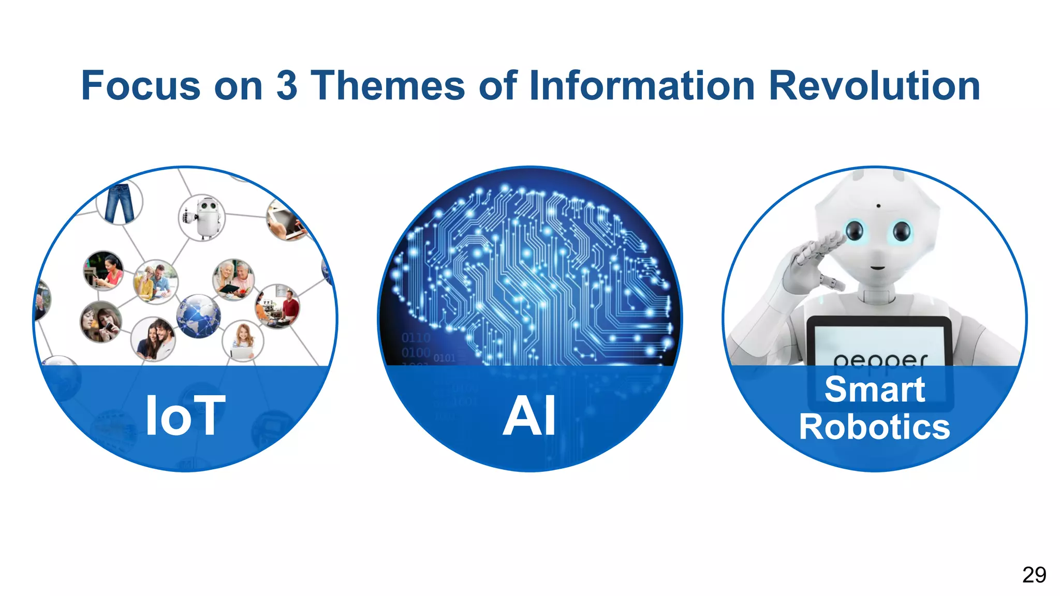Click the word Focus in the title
[x=141, y=86]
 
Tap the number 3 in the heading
[x=287, y=86]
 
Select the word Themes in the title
[x=388, y=86]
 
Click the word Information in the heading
[x=642, y=86]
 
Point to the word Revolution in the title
[x=874, y=86]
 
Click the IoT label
[x=185, y=416]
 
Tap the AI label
[x=529, y=416]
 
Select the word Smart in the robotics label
[x=875, y=389]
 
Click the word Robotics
[x=875, y=427]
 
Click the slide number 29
[x=1034, y=575]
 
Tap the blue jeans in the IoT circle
[x=120, y=203]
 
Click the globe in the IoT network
[x=198, y=316]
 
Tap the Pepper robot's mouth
[x=877, y=267]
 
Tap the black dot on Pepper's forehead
[x=878, y=206]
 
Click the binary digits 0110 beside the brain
[x=416, y=338]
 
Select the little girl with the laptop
[x=242, y=341]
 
